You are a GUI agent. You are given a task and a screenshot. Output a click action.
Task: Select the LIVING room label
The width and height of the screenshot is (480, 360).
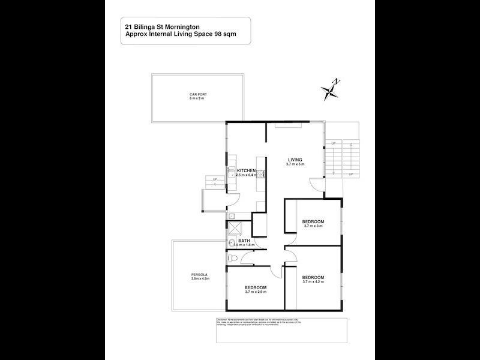(295, 159)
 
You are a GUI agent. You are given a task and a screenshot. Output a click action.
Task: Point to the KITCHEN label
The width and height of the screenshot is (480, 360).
(247, 171)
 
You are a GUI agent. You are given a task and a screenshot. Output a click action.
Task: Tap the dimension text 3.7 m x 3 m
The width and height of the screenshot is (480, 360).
(313, 226)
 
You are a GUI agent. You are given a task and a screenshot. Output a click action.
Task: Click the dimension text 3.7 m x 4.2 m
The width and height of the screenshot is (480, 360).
(314, 281)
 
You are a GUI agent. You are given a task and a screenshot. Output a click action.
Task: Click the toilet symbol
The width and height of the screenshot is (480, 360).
(234, 256)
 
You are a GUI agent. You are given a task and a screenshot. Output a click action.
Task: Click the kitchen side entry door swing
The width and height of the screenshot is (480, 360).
(235, 200)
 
